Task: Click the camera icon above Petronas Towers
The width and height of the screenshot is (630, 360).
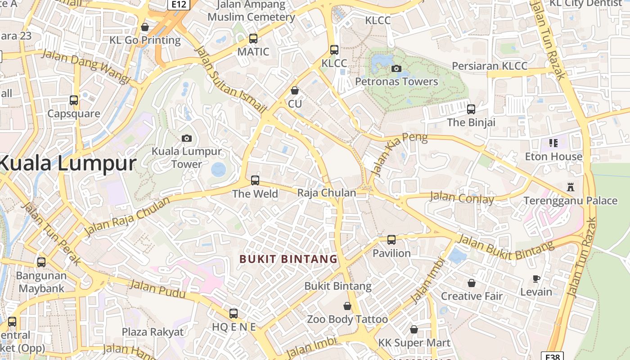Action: pyautogui.click(x=396, y=68)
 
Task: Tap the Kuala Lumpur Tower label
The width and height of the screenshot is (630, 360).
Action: pyautogui.click(x=187, y=157)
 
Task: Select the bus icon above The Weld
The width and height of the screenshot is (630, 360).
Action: pyautogui.click(x=255, y=180)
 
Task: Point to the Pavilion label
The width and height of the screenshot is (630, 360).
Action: pyautogui.click(x=391, y=253)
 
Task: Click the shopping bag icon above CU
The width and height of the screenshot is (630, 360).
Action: pyautogui.click(x=295, y=90)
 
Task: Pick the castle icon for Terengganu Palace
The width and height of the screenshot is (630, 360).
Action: pyautogui.click(x=571, y=187)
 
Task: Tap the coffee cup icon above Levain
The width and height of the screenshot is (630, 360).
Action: pyautogui.click(x=536, y=279)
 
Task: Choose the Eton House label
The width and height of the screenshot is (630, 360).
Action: pyautogui.click(x=553, y=157)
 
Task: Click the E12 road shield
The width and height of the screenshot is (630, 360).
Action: pyautogui.click(x=179, y=4)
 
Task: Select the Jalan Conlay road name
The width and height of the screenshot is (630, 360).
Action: pyautogui.click(x=462, y=198)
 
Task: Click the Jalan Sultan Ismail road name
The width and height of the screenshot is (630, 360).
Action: pyautogui.click(x=230, y=79)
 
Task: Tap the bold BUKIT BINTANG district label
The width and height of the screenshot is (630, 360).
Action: pyautogui.click(x=288, y=259)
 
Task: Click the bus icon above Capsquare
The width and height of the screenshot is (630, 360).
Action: pyautogui.click(x=74, y=100)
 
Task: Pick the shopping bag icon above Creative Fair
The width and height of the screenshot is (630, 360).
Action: pyautogui.click(x=471, y=283)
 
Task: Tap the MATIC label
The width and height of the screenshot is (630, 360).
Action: pyautogui.click(x=253, y=52)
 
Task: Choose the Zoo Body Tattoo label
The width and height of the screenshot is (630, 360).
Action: pyautogui.click(x=347, y=319)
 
